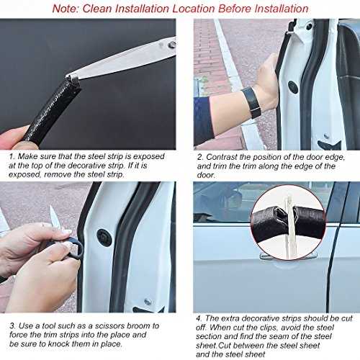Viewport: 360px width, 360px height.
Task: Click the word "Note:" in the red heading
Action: click(66, 9)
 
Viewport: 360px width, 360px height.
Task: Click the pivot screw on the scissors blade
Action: click(172, 45)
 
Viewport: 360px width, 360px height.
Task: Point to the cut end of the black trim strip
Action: click(72, 78)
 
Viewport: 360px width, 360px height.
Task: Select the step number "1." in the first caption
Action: click(12, 156)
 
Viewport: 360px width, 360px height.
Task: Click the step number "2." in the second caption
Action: click(200, 157)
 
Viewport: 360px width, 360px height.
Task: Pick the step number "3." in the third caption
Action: click(13, 326)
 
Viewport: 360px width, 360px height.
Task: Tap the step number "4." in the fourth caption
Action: click(199, 318)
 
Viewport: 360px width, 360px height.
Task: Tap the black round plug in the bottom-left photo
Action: click(104, 238)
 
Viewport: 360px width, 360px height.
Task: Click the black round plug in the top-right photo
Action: click(293, 87)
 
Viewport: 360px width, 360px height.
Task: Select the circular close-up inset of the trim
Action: click(288, 222)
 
